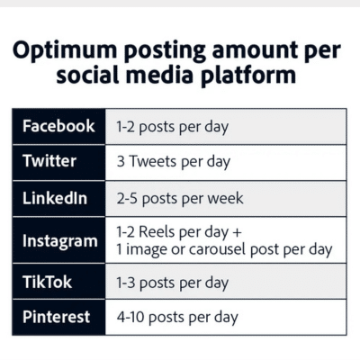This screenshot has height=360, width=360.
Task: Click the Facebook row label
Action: click(x=58, y=126)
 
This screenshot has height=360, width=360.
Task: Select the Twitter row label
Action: click(x=49, y=162)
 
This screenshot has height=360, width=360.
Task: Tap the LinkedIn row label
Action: click(x=55, y=198)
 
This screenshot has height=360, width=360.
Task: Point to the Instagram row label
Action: click(x=59, y=240)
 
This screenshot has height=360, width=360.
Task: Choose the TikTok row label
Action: click(x=47, y=283)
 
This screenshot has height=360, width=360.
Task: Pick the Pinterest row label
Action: click(x=56, y=317)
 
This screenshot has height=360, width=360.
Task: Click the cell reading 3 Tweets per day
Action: click(x=173, y=162)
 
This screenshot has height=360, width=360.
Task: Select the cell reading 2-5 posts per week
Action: click(x=179, y=198)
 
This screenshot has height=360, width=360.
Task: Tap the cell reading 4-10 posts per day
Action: click(x=176, y=317)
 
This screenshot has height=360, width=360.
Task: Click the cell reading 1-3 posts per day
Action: click(x=172, y=283)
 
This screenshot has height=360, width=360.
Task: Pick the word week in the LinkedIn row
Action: click(x=224, y=198)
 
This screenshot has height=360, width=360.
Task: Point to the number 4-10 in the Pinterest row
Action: click(x=131, y=317)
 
